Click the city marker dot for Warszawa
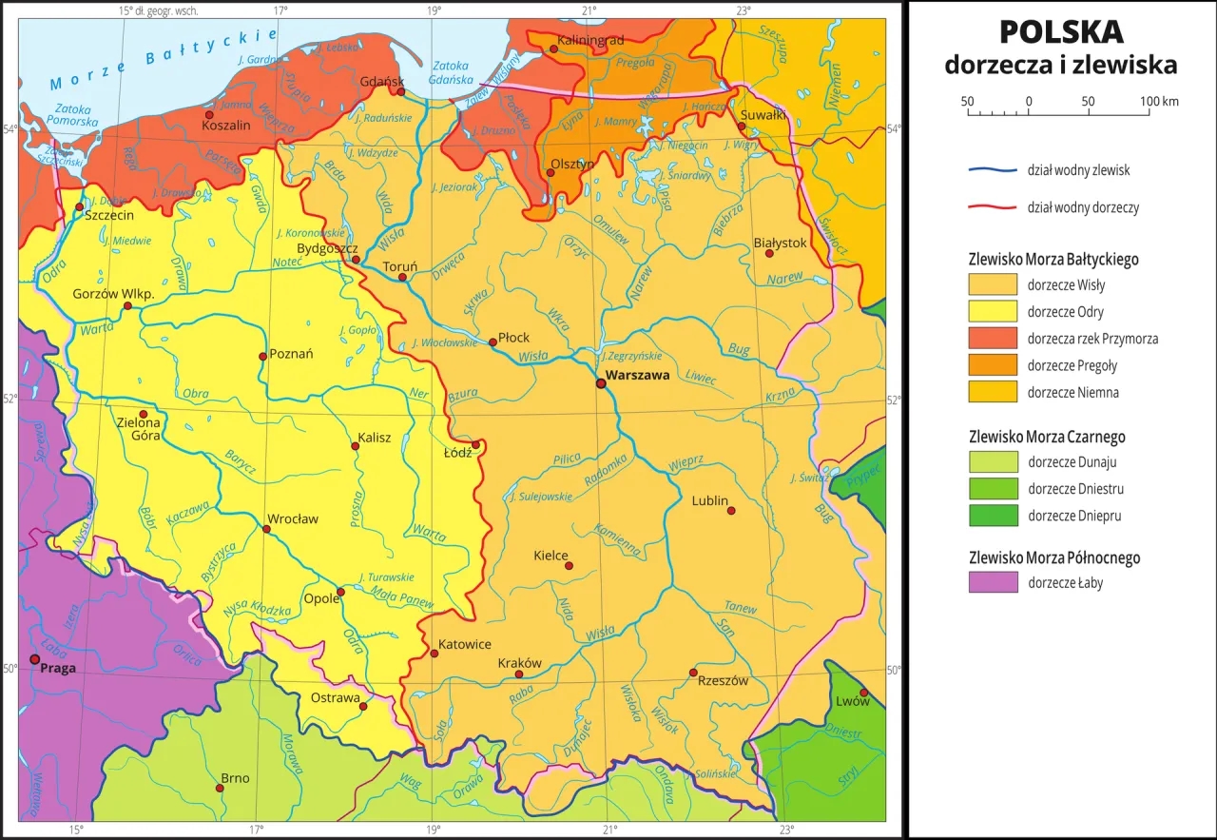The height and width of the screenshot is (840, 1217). tap(600, 383)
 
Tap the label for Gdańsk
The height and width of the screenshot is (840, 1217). tap(383, 81)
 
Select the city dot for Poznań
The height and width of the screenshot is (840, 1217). tap(262, 357)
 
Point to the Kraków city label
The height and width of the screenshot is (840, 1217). tap(519, 663)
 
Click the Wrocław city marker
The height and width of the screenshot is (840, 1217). tap(266, 529)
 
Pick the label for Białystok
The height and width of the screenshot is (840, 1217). tap(779, 243)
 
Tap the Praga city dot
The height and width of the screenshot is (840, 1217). tap(35, 659)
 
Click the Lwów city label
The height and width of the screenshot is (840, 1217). tap(852, 701)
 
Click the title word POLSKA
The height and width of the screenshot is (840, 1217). tap(1060, 32)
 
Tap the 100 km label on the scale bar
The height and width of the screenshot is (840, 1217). tap(1159, 101)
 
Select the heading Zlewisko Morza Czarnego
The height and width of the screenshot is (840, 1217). tap(1046, 437)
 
